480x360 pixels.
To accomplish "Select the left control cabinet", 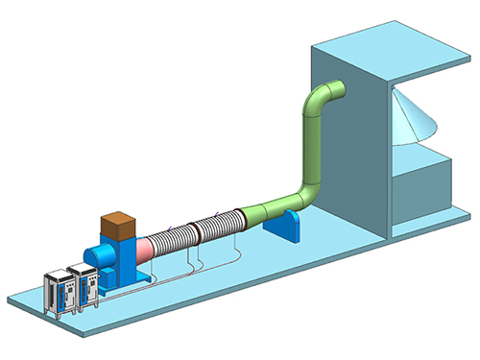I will (x=61, y=296).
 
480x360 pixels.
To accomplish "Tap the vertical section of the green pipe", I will (x=311, y=144).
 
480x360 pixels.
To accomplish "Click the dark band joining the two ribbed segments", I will (x=195, y=231).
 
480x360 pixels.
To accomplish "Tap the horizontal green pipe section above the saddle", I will (x=273, y=206).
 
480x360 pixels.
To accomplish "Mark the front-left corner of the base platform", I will (x=12, y=300).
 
